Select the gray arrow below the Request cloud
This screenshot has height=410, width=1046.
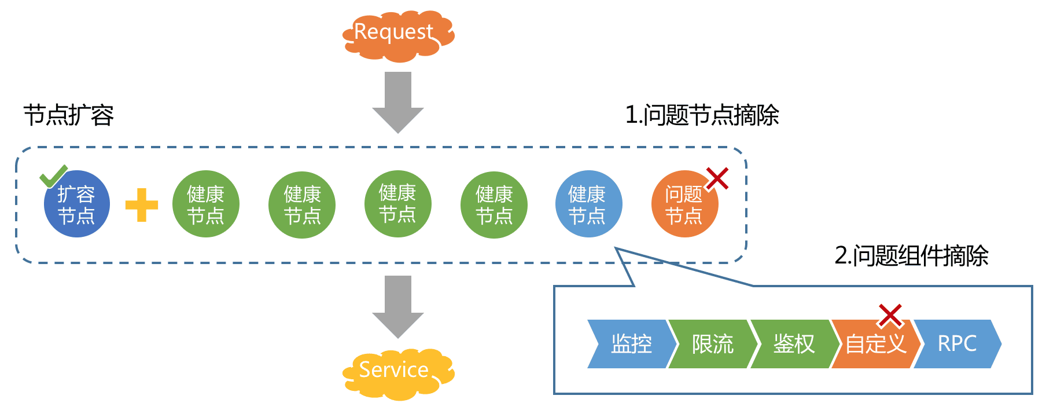coord(397,101)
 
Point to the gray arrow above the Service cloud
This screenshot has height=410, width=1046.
coord(397,306)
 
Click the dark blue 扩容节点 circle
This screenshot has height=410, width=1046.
coord(77,204)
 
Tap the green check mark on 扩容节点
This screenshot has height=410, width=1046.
coord(53,176)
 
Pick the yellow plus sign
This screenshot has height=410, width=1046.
coord(142,205)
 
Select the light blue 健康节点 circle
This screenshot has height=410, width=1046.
coord(588,204)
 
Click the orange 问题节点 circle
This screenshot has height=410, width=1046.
coord(684,204)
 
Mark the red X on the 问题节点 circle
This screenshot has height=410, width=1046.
coord(717,179)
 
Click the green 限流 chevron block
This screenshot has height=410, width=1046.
coord(712,344)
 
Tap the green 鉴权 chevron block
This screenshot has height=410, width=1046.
coord(794,344)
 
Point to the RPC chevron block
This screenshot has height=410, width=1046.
coord(957,344)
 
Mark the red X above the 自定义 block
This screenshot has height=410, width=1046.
coord(890,315)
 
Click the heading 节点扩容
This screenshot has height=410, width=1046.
coord(69,115)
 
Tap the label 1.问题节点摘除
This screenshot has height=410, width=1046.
coord(702,115)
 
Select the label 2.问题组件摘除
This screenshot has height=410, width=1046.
coord(911,255)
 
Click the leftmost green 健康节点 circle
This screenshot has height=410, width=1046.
coord(205,204)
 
